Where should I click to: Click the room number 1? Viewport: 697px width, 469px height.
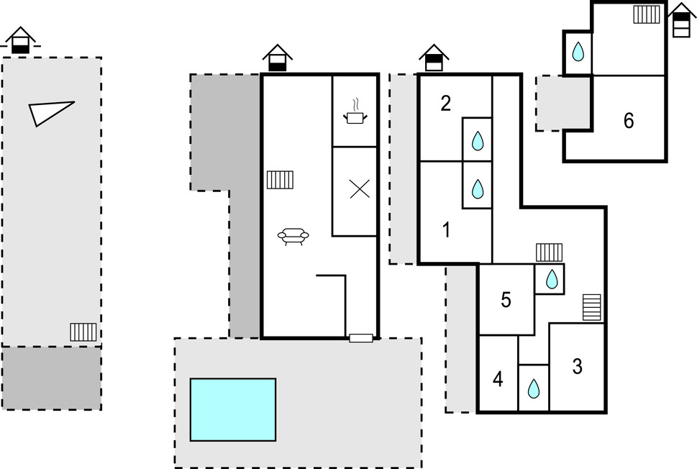[446, 231]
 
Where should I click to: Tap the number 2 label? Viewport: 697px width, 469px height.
[446, 104]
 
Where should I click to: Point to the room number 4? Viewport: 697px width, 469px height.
[498, 379]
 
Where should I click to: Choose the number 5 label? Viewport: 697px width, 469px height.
[506, 300]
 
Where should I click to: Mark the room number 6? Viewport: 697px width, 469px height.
[629, 121]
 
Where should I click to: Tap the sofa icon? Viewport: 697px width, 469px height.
[293, 236]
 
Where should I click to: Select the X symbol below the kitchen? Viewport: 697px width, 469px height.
[359, 189]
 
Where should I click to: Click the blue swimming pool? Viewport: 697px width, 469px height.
[233, 409]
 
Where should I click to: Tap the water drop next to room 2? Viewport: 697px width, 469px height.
[477, 141]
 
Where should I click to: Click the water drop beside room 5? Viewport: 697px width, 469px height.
[551, 279]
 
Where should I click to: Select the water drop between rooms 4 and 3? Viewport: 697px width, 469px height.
[533, 389]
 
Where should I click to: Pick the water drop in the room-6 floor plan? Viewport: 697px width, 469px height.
[578, 52]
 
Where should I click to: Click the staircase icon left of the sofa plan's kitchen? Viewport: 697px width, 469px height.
[280, 179]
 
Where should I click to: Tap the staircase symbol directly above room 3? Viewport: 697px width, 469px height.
[591, 307]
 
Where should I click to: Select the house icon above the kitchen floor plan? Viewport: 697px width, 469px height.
[277, 58]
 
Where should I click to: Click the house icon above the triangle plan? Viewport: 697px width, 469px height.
[20, 40]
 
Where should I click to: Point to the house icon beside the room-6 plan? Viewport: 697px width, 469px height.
[680, 19]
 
